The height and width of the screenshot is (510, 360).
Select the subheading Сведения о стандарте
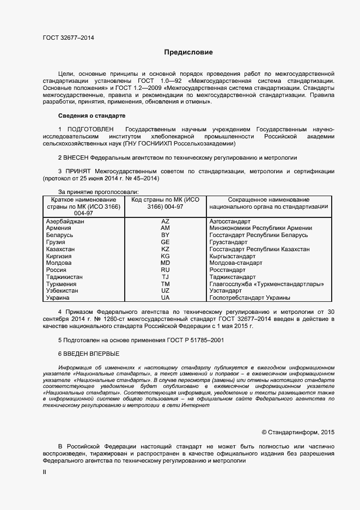pos(91,116)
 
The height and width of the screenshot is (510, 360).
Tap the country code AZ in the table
pos(166,221)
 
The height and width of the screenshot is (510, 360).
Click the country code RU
pos(166,270)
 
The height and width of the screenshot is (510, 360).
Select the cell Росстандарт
pos(227,270)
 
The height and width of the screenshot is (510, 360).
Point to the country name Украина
pos(58,298)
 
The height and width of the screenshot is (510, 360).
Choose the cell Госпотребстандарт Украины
pos(249,298)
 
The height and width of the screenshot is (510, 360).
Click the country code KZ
pos(166,249)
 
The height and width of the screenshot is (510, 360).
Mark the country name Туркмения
pos(62,284)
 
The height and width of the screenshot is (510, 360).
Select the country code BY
pos(166,235)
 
